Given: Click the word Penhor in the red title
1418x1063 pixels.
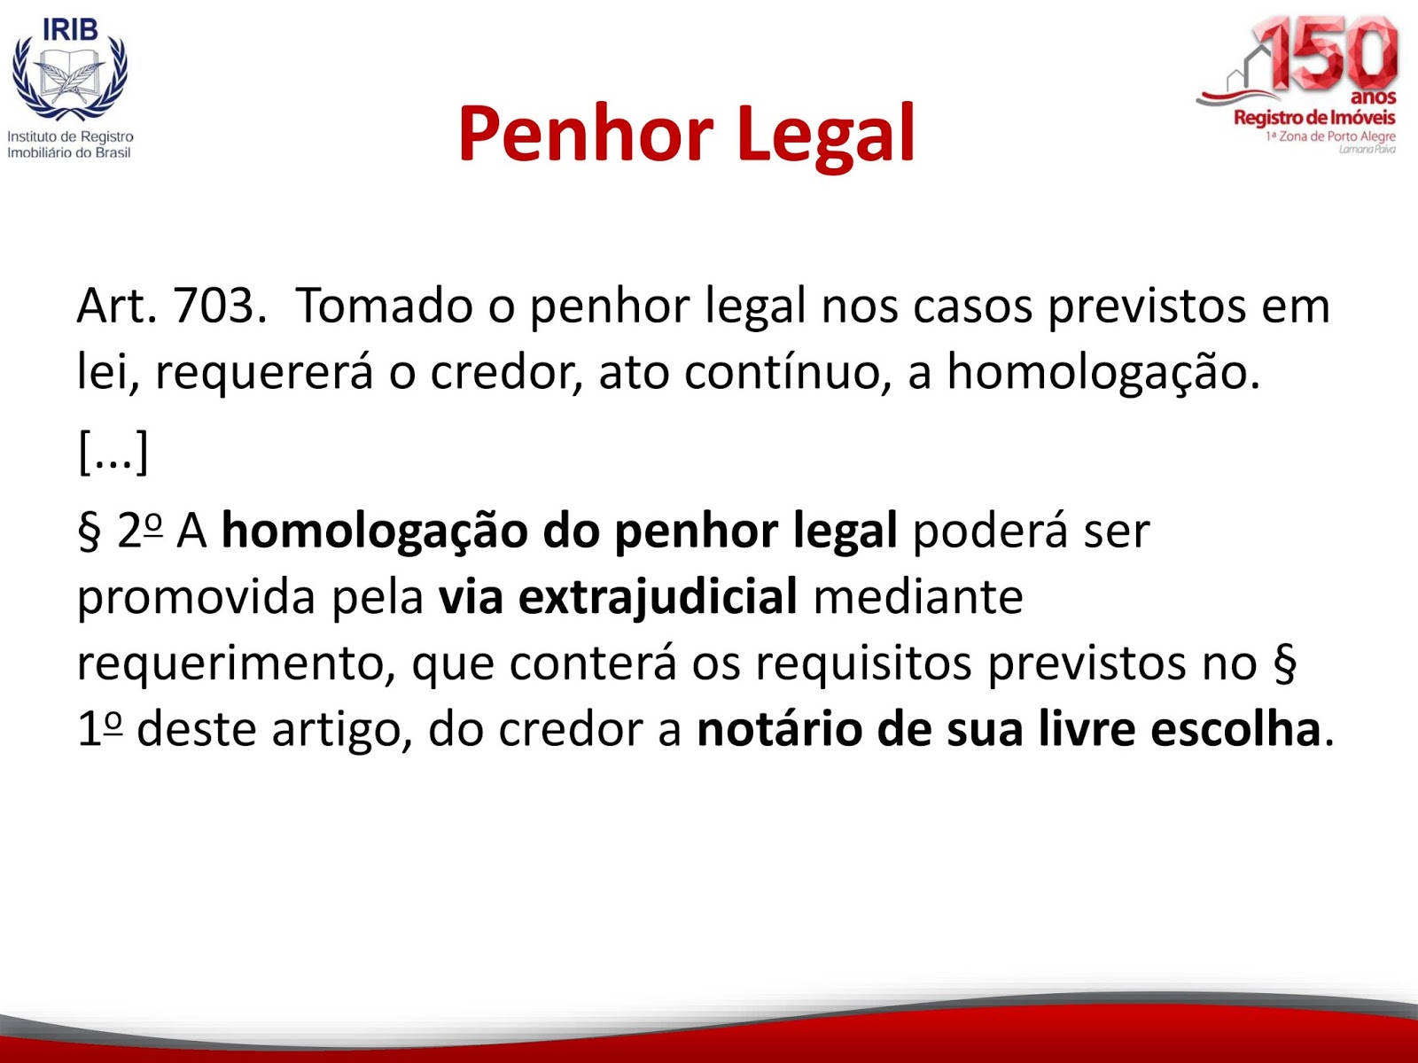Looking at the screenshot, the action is pyautogui.click(x=585, y=135).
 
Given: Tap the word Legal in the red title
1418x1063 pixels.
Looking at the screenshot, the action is pyautogui.click(x=825, y=136).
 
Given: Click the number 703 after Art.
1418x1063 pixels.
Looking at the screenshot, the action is pyautogui.click(x=215, y=305).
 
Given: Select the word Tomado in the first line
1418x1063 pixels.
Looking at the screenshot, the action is pyautogui.click(x=384, y=305).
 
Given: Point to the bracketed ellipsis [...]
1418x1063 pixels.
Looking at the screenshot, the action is pyautogui.click(x=113, y=452).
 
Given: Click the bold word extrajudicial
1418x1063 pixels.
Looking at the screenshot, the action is pyautogui.click(x=619, y=597).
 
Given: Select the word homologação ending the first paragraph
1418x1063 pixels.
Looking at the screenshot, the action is pyautogui.click(x=1103, y=372).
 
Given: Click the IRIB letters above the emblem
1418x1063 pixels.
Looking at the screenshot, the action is pyautogui.click(x=70, y=29).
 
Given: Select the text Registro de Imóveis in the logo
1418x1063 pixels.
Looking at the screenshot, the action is pyautogui.click(x=1314, y=118).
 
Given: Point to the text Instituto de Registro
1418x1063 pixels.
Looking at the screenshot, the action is pyautogui.click(x=70, y=136).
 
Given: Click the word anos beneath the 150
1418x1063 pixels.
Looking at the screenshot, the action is pyautogui.click(x=1374, y=98).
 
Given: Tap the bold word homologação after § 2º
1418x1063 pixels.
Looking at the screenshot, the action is pyautogui.click(x=375, y=531).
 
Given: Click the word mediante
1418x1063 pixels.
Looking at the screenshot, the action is pyautogui.click(x=918, y=597).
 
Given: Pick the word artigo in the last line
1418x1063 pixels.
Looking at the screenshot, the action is pyautogui.click(x=342, y=730).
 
